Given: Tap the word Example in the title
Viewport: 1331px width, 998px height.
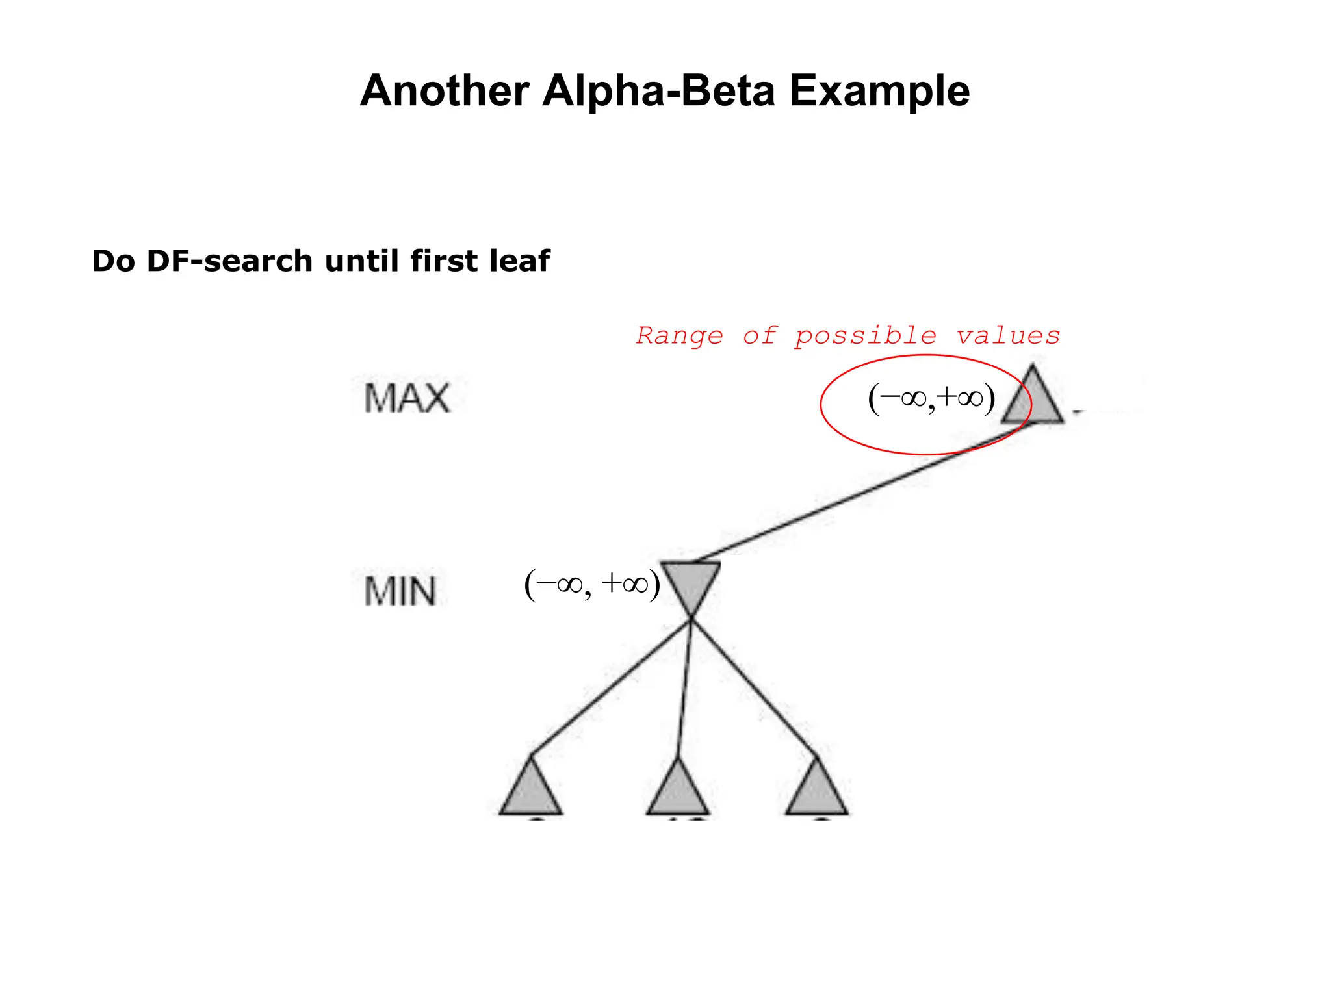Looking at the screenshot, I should pos(879,91).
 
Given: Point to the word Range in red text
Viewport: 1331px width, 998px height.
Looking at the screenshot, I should pos(679,336).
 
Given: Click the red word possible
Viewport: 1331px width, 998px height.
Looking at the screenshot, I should pos(865,336).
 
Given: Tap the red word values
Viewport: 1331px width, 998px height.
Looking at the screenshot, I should pos(1007,336).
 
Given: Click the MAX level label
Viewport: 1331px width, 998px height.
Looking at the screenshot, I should pos(407,398).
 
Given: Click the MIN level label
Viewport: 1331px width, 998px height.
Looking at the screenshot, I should pos(400,591).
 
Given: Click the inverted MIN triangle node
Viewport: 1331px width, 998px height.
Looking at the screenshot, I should pos(691,582).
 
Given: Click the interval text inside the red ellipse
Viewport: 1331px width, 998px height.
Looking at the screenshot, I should pos(931,398).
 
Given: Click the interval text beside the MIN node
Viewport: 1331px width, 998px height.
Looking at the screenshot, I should pos(592,584).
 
